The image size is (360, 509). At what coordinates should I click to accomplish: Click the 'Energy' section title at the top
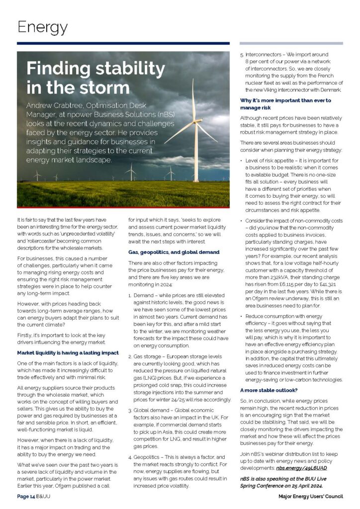tap(42, 27)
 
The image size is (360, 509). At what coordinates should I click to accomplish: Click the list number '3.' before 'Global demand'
tap(130, 410)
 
